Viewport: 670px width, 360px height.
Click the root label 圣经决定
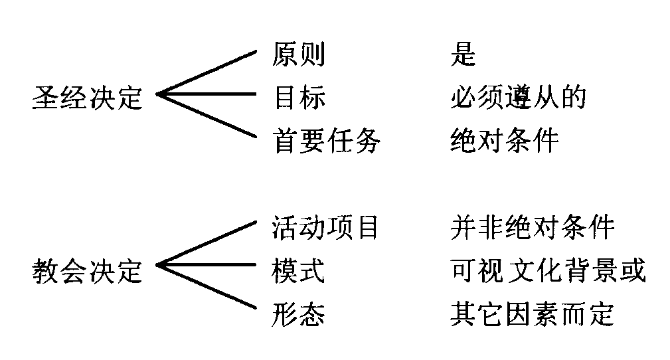[88, 98]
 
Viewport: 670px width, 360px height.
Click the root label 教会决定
[88, 271]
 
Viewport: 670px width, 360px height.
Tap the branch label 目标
[299, 98]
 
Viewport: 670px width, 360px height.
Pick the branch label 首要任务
[327, 140]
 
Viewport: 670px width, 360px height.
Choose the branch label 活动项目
[325, 228]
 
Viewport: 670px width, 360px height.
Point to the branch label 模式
[299, 271]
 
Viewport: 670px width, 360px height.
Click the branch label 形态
[299, 314]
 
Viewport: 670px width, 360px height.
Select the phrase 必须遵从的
[518, 98]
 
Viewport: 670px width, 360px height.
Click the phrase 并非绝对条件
[532, 228]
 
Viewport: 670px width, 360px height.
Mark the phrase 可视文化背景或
[547, 271]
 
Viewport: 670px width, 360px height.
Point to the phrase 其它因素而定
[532, 314]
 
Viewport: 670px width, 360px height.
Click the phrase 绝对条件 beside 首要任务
[504, 140]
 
